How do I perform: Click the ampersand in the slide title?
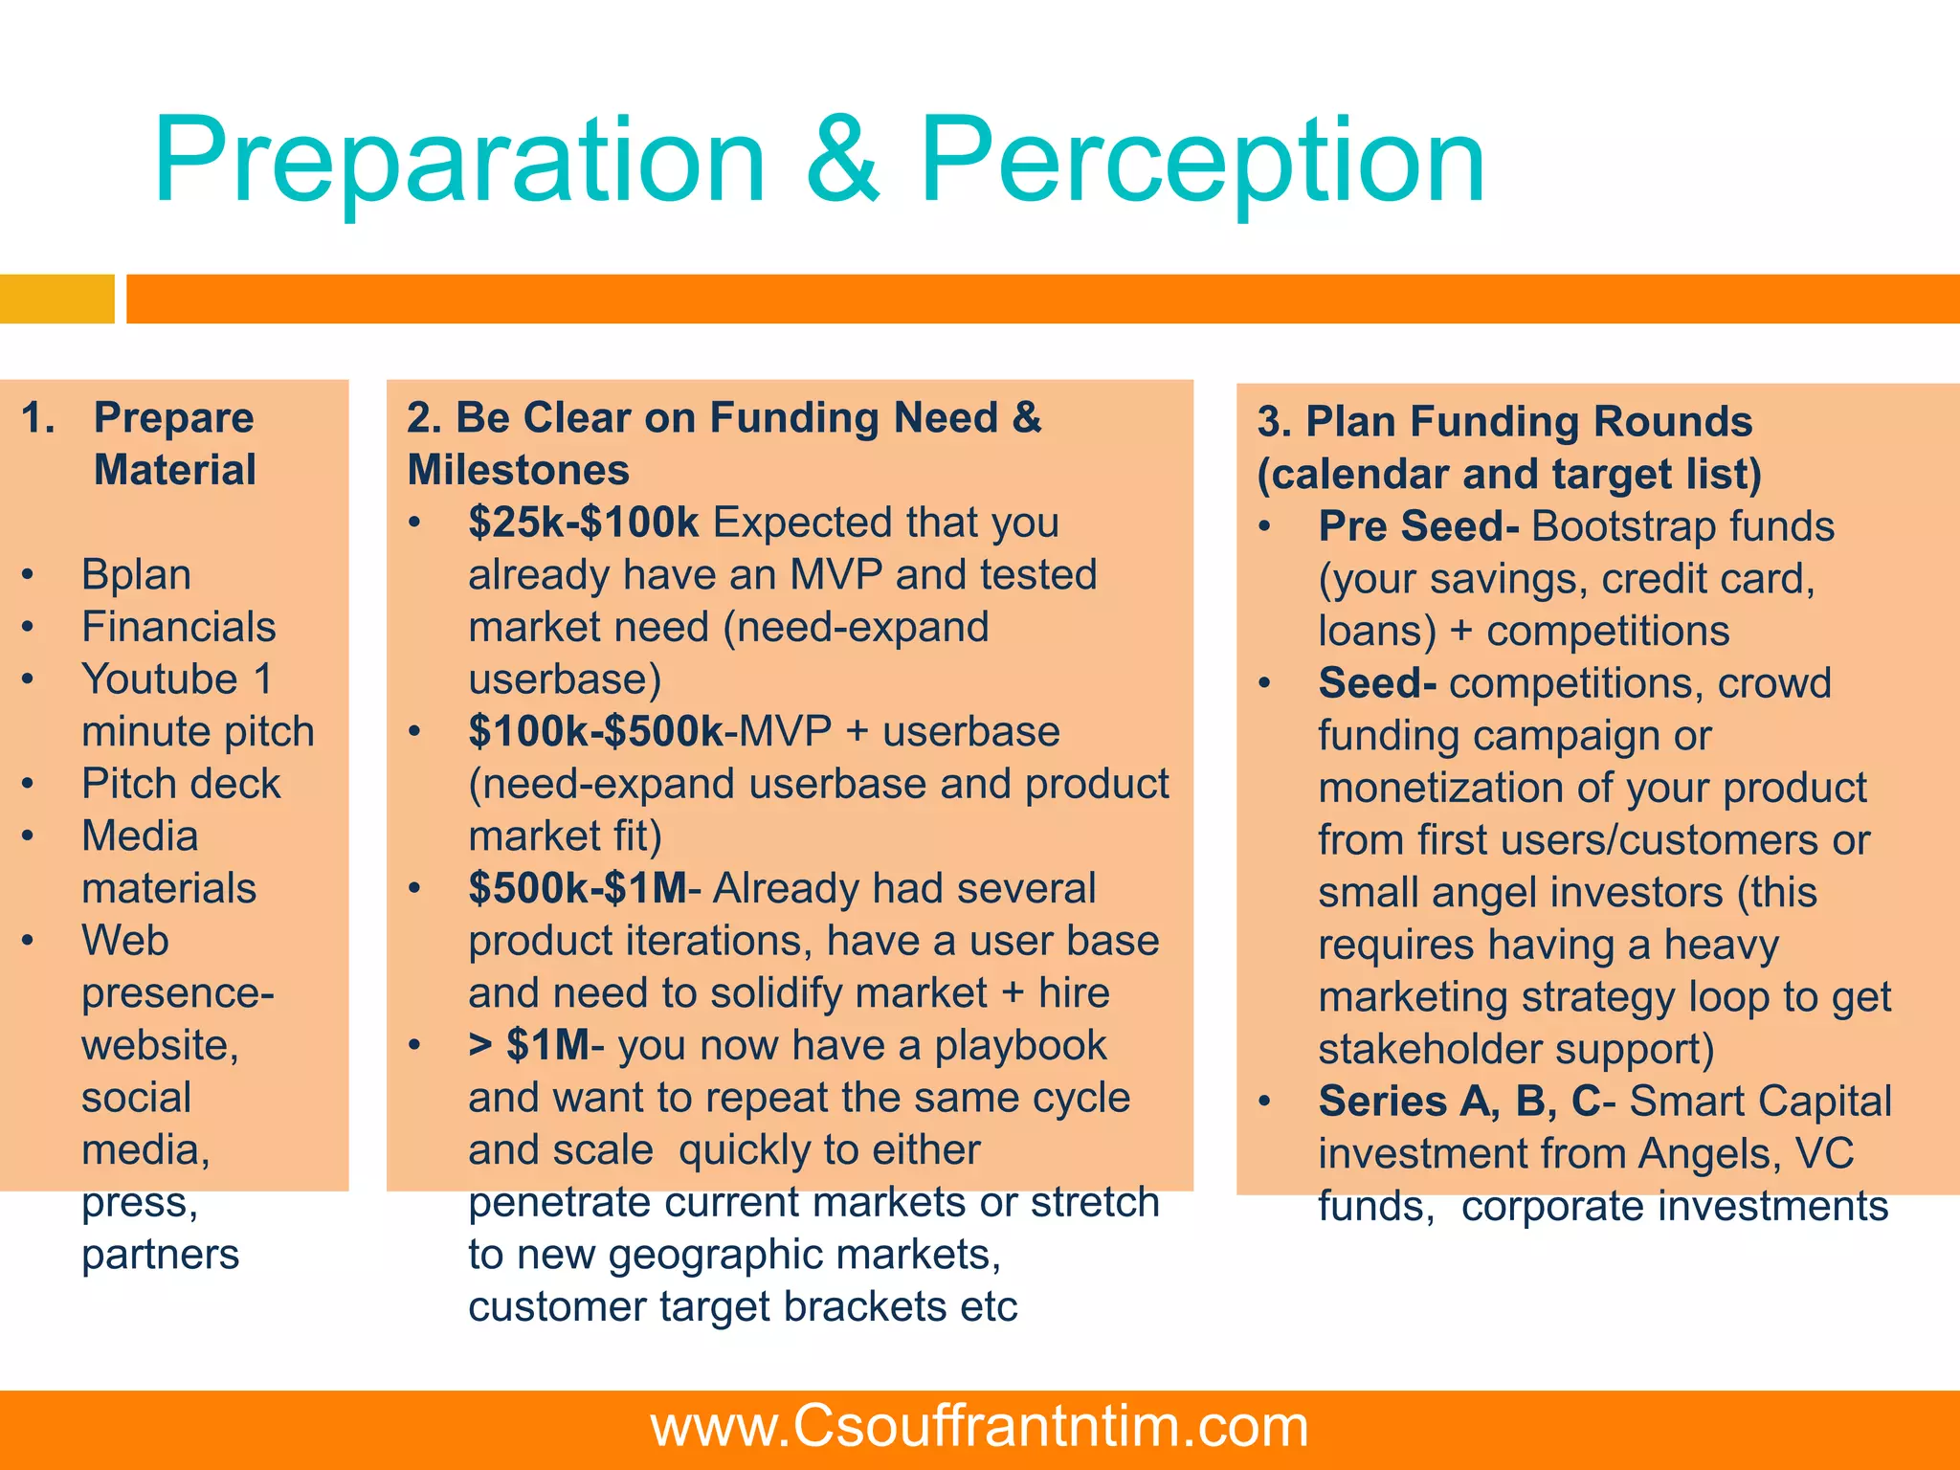pos(842,161)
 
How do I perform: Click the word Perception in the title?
pos(1202,161)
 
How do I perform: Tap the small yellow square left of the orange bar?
pos(56,299)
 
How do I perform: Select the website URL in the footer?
pos(979,1426)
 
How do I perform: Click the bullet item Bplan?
pos(136,574)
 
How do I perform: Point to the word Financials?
pos(179,627)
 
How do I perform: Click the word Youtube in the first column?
pos(159,679)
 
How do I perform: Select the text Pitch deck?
pos(181,784)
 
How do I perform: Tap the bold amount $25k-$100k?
pos(584,523)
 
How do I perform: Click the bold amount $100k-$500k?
pos(596,732)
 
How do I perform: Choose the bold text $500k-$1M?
pos(577,889)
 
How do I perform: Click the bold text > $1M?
pos(529,1046)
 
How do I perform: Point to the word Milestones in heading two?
pos(518,471)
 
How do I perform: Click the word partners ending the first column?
pos(160,1255)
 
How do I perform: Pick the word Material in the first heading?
pos(175,471)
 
